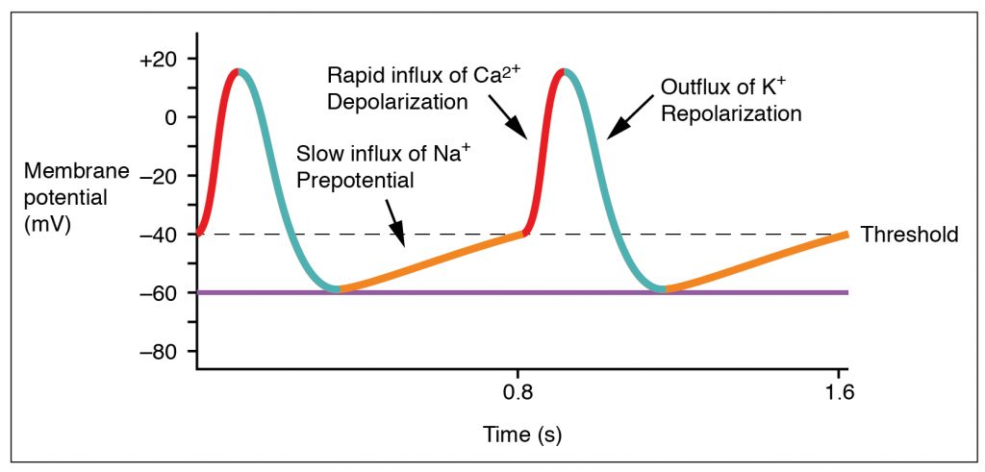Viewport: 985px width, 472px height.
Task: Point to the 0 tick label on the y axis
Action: pyautogui.click(x=172, y=117)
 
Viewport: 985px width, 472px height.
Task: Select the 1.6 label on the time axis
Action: pyautogui.click(x=839, y=392)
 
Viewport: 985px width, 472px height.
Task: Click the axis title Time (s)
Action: pyautogui.click(x=521, y=435)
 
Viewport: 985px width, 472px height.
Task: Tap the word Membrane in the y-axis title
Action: pyautogui.click(x=76, y=172)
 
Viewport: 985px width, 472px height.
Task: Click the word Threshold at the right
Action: pyautogui.click(x=909, y=235)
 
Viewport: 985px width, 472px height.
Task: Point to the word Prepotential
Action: pyautogui.click(x=352, y=179)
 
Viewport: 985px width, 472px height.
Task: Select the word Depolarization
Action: pyautogui.click(x=397, y=101)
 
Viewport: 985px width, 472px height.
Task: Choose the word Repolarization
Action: pyautogui.click(x=731, y=113)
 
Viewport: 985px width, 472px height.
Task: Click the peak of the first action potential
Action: pyautogui.click(x=237, y=70)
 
